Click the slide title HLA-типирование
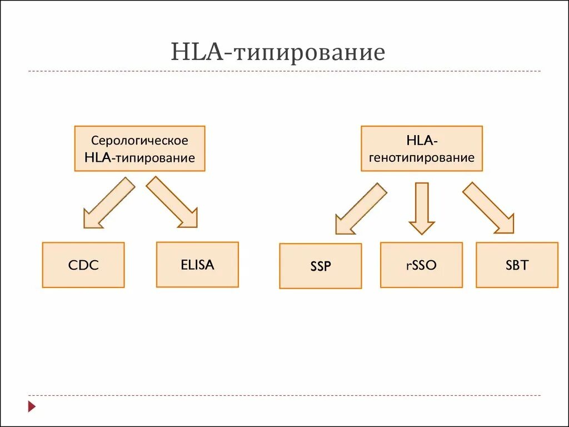tap(278, 53)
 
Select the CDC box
tap(83, 265)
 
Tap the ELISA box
tap(197, 264)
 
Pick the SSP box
tap(321, 266)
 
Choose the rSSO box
tap(421, 265)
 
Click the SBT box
tap(517, 265)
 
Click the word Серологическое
tap(139, 141)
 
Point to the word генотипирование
tap(422, 157)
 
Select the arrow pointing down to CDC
tap(109, 202)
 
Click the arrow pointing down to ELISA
tap(172, 202)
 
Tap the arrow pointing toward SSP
tap(361, 208)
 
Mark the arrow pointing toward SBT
tap(488, 207)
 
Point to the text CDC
tap(83, 265)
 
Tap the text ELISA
tap(197, 264)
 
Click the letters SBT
tap(517, 265)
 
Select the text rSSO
tap(421, 265)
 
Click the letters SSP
tap(321, 266)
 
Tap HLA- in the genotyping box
tap(422, 141)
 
